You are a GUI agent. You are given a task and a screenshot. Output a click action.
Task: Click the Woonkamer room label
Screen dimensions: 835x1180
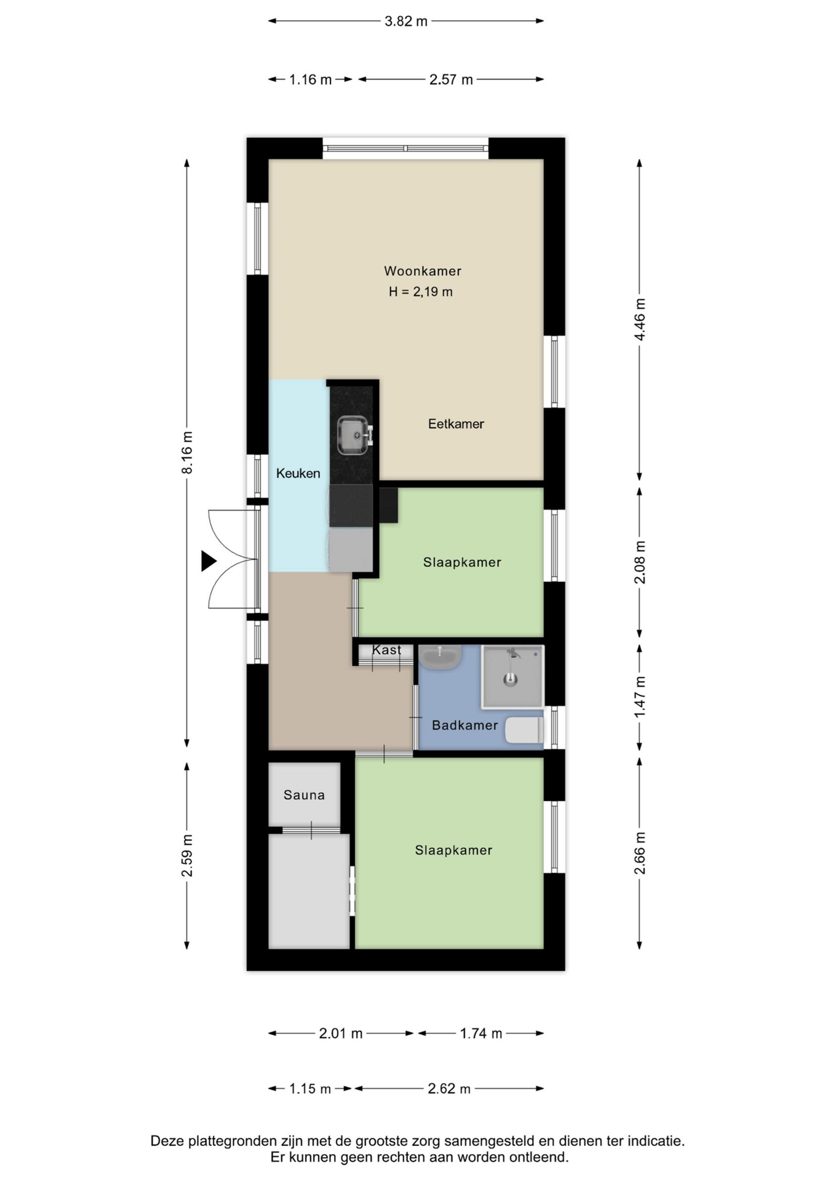(x=423, y=271)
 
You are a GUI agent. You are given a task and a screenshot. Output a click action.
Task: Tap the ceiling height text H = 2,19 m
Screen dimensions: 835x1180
(x=421, y=292)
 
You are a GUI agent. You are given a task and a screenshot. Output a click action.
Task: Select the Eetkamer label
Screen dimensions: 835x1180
(x=456, y=424)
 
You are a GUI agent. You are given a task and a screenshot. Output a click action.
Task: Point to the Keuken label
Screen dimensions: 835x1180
(x=298, y=473)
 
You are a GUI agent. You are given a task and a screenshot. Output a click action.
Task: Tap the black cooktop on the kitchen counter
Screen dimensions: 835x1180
(x=351, y=506)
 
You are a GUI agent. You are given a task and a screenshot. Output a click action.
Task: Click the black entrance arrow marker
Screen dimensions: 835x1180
(x=208, y=561)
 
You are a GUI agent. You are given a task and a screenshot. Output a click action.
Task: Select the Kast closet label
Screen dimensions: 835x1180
(x=387, y=650)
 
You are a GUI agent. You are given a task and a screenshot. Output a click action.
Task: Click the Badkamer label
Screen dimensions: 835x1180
(x=465, y=725)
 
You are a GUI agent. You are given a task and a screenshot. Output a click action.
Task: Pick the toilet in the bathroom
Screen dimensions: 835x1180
(x=524, y=730)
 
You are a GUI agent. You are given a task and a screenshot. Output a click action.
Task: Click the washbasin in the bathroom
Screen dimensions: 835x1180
(x=440, y=657)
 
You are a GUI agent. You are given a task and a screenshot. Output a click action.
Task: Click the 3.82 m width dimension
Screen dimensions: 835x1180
(x=406, y=21)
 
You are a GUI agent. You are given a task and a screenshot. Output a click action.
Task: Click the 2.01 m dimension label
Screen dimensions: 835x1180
(x=341, y=1034)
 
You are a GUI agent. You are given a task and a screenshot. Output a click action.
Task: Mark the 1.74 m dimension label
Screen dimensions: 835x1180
(x=481, y=1034)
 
